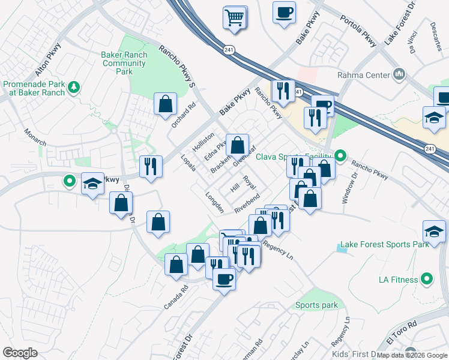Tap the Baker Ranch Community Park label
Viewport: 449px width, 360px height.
[x=124, y=63]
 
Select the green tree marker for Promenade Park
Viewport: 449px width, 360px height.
[x=74, y=88]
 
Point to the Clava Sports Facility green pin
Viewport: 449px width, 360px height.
[x=340, y=157]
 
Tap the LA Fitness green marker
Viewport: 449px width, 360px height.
[x=427, y=278]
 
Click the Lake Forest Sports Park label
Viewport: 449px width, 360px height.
[x=384, y=245]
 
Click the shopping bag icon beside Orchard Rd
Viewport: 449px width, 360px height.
[x=165, y=104]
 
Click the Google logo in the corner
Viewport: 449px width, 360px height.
[x=20, y=353]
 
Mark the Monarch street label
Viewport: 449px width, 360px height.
[x=34, y=137]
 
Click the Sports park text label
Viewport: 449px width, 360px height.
[x=316, y=305]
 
